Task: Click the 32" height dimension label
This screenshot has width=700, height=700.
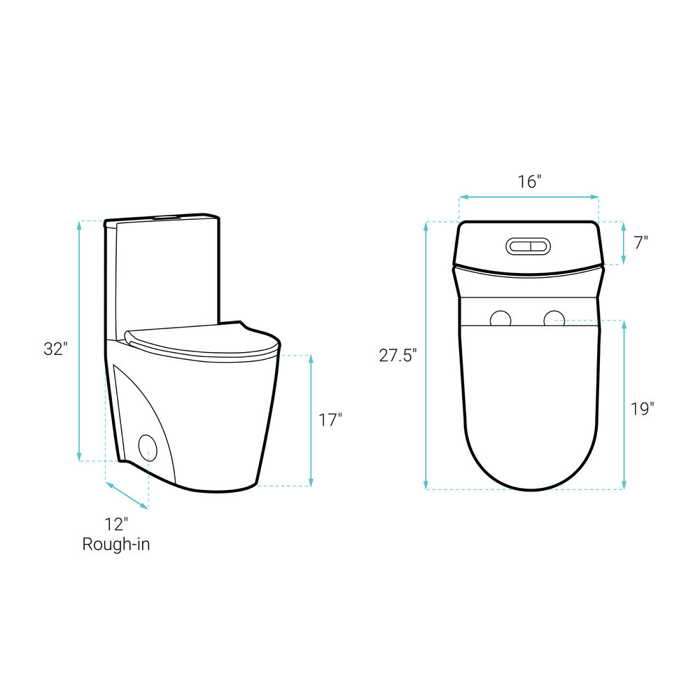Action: point(55,349)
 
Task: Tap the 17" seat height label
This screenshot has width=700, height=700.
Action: point(330,420)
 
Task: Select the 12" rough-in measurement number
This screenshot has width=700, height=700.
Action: point(116,524)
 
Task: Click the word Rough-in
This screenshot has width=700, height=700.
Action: point(116,544)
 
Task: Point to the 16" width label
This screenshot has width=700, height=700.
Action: point(529,182)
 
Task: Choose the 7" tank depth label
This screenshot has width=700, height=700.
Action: point(641,243)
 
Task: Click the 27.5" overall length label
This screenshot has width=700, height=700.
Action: point(398,356)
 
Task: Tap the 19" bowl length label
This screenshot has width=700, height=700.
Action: point(643,409)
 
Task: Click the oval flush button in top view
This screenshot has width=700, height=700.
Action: point(528,246)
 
